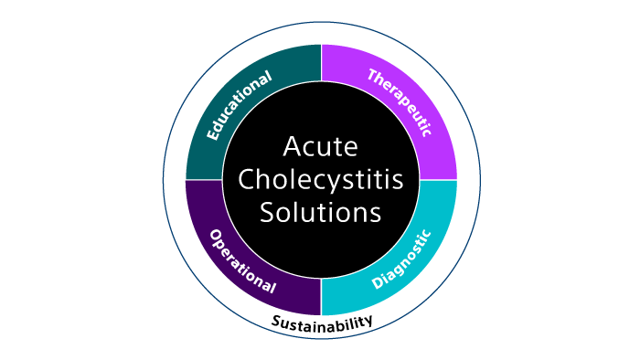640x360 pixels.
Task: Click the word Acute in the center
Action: [x=320, y=147]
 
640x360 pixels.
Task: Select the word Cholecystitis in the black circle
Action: [x=320, y=180]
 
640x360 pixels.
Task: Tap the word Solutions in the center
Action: [x=320, y=213]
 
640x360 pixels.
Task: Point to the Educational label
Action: [x=239, y=106]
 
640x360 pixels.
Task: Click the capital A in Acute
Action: [x=292, y=147]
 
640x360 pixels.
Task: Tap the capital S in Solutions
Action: [x=267, y=213]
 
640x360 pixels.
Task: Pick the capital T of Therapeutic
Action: [x=373, y=74]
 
